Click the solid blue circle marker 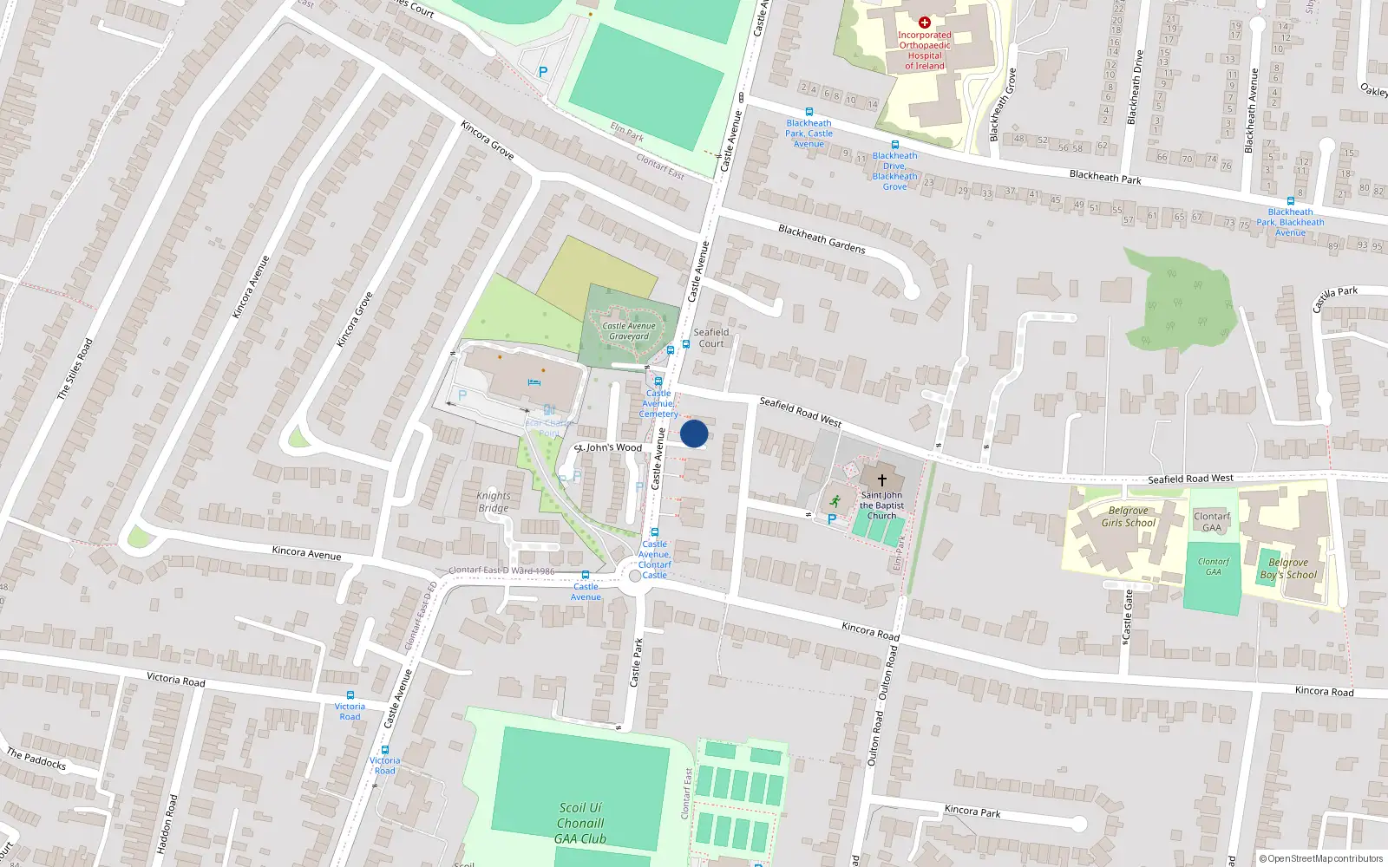[x=694, y=433]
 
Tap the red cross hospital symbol [x=925, y=23]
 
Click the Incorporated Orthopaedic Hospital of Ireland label [x=925, y=50]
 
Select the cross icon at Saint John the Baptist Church [x=882, y=479]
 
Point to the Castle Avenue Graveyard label [x=629, y=331]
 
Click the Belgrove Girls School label [x=1128, y=517]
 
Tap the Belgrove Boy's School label [x=1288, y=568]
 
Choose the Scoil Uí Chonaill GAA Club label [x=580, y=823]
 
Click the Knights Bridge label [x=494, y=502]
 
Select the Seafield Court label [x=711, y=338]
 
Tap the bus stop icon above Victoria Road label [x=350, y=695]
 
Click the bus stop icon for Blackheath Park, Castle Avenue [x=809, y=112]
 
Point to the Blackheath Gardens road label [x=822, y=239]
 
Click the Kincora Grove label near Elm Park [x=488, y=140]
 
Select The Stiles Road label [x=75, y=369]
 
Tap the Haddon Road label [x=167, y=824]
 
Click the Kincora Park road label [x=972, y=811]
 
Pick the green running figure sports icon [x=835, y=500]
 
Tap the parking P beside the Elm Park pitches [x=543, y=73]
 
